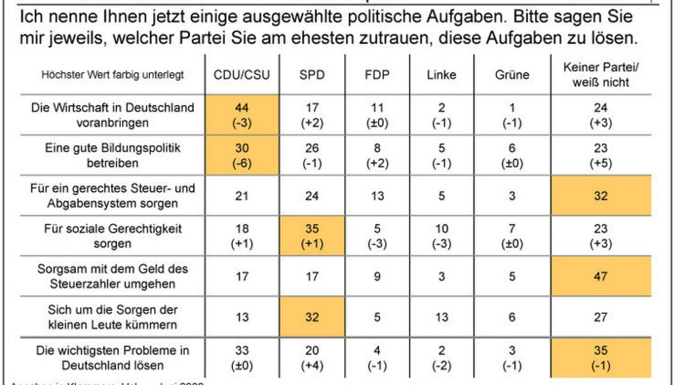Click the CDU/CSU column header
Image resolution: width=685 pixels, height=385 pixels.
tap(241, 75)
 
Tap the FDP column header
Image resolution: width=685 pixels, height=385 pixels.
tap(377, 75)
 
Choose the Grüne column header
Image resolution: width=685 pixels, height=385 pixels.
tap(512, 75)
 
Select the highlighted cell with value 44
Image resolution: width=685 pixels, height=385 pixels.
tap(242, 114)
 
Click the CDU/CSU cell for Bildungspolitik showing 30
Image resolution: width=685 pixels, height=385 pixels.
tap(242, 155)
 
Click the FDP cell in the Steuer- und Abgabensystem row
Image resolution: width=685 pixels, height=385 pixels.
tap(377, 196)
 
